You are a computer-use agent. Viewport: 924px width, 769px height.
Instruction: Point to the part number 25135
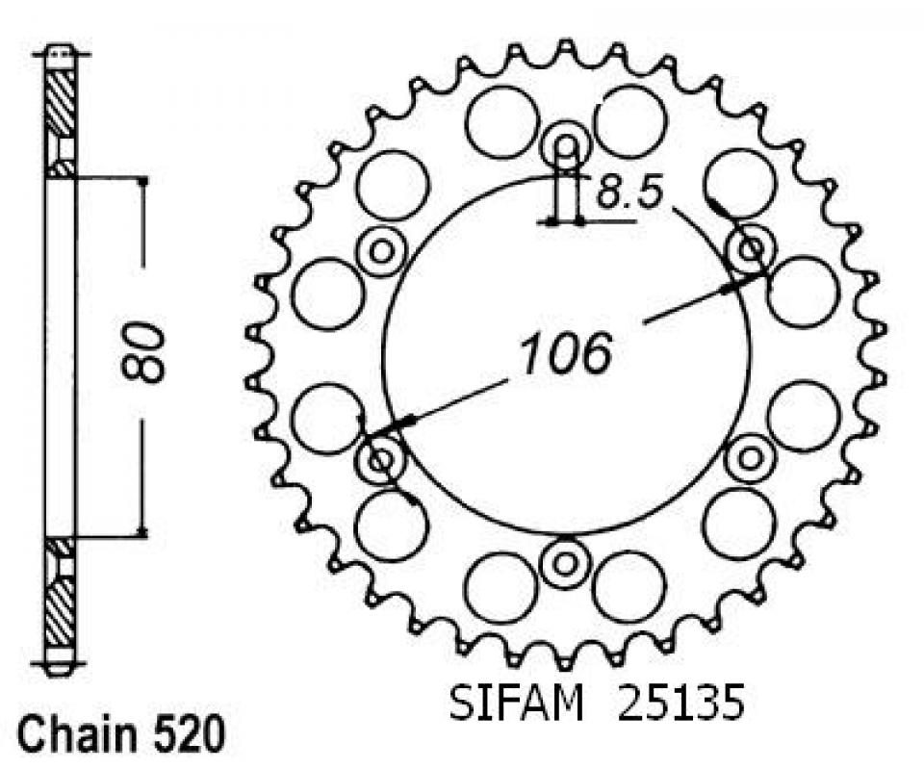pos(680,702)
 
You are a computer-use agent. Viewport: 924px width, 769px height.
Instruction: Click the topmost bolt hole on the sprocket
pos(566,144)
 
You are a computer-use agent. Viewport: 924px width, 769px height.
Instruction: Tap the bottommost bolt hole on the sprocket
pos(565,564)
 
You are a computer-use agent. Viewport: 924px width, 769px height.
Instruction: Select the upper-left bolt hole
pos(382,251)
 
